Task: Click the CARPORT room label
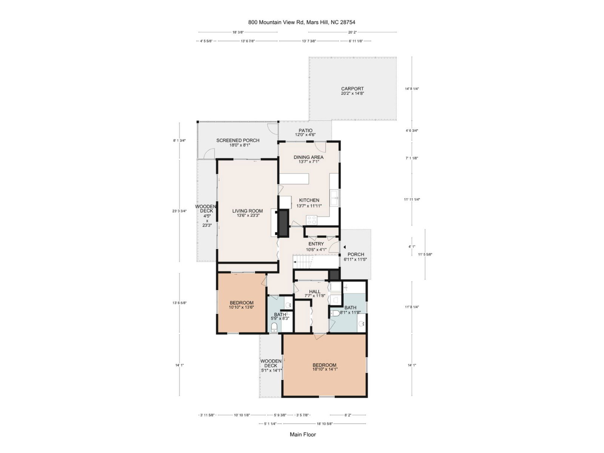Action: (352, 89)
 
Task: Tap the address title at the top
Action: (302, 22)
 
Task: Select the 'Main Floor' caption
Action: (303, 434)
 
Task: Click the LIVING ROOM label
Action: (247, 211)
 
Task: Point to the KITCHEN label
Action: (309, 200)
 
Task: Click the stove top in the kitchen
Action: (311, 220)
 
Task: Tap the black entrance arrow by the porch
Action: (345, 247)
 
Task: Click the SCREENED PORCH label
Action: (238, 140)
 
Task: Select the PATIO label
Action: (305, 130)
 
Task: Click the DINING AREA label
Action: (308, 157)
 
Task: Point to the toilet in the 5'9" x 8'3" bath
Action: (274, 327)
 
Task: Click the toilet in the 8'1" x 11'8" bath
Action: (334, 313)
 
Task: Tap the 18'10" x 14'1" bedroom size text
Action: (325, 370)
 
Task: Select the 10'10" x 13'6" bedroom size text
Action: (241, 307)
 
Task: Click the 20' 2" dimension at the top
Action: (352, 32)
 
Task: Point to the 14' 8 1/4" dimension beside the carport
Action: (411, 89)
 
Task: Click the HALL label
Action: (314, 291)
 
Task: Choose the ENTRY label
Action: (316, 244)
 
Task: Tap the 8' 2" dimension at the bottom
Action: (348, 415)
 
